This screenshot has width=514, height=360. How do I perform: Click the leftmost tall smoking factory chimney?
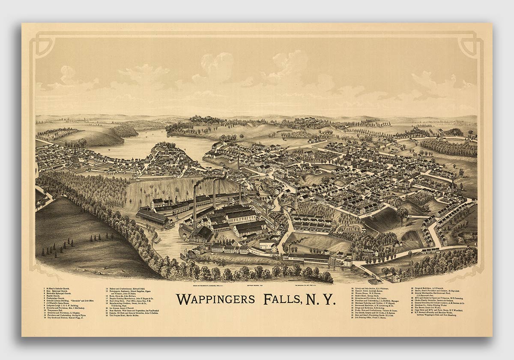tap(194, 201)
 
